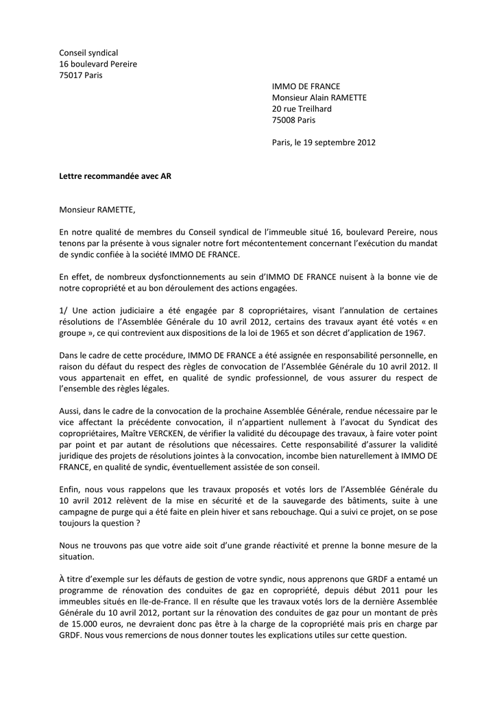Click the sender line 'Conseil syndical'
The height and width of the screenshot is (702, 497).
88,53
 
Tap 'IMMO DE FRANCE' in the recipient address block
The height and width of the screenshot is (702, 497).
306,86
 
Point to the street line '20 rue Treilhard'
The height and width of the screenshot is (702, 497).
302,109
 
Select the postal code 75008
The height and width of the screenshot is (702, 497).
284,120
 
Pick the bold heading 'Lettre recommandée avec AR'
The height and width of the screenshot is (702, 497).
115,176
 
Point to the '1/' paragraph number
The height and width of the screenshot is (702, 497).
64,311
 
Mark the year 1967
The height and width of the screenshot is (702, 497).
415,333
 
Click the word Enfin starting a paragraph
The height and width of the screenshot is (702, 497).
71,489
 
